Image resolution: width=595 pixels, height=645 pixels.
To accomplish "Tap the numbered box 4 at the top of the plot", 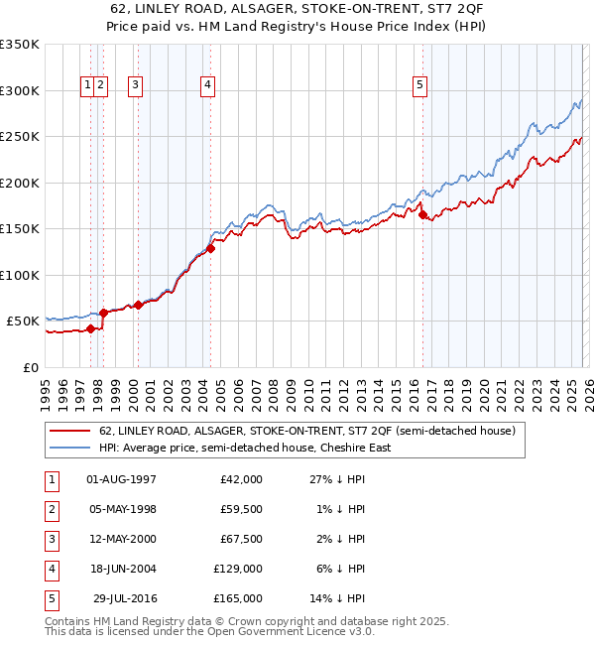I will tap(207, 86).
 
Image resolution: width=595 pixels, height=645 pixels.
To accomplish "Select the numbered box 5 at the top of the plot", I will tap(420, 86).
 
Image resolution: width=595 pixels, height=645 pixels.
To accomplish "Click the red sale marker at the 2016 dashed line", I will tap(423, 214).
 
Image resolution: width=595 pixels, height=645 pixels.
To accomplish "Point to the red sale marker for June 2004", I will tap(211, 248).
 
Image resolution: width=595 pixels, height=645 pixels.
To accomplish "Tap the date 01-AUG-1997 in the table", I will tap(122, 479).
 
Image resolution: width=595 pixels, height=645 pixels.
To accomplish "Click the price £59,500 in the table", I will tap(241, 509).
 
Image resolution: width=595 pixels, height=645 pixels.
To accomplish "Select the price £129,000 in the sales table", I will tap(238, 569).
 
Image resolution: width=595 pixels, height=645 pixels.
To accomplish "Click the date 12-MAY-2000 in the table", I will tap(122, 539).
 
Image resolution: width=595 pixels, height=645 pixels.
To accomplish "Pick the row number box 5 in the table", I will tap(50, 598).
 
